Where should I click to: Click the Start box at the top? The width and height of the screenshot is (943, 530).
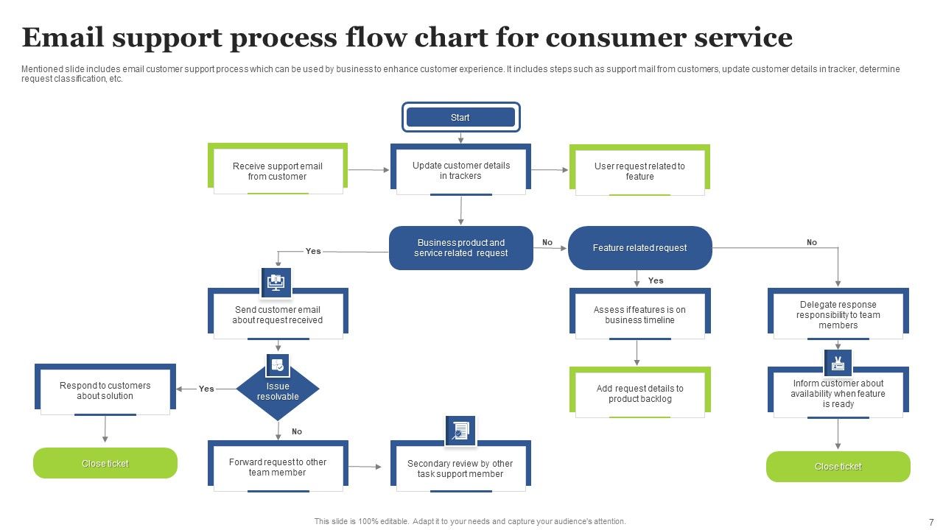click(460, 117)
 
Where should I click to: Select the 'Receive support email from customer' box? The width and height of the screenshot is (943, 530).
click(278, 172)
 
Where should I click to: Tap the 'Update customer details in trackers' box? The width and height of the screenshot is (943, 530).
click(460, 171)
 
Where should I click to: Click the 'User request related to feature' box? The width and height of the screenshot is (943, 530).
click(639, 172)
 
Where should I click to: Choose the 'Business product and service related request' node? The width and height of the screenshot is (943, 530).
click(460, 248)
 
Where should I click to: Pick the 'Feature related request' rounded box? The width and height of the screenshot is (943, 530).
click(639, 248)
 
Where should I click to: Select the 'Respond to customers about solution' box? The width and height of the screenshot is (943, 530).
click(105, 391)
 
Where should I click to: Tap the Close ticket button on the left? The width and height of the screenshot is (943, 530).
click(105, 464)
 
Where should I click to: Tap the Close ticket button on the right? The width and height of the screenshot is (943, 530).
click(838, 467)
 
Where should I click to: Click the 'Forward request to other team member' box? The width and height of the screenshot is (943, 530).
click(278, 467)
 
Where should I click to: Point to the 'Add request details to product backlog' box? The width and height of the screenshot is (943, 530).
click(639, 394)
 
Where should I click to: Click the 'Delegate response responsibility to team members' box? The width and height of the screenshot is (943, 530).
click(838, 315)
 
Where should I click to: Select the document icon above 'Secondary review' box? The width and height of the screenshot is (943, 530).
click(460, 431)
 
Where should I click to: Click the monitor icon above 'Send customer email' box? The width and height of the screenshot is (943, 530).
click(276, 282)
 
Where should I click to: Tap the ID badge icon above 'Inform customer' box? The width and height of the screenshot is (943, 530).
click(838, 363)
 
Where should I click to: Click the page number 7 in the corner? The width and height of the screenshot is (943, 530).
click(931, 521)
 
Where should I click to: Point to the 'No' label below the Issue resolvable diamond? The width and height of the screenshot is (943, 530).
click(297, 431)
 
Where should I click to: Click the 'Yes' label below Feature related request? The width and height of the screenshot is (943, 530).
click(656, 280)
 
